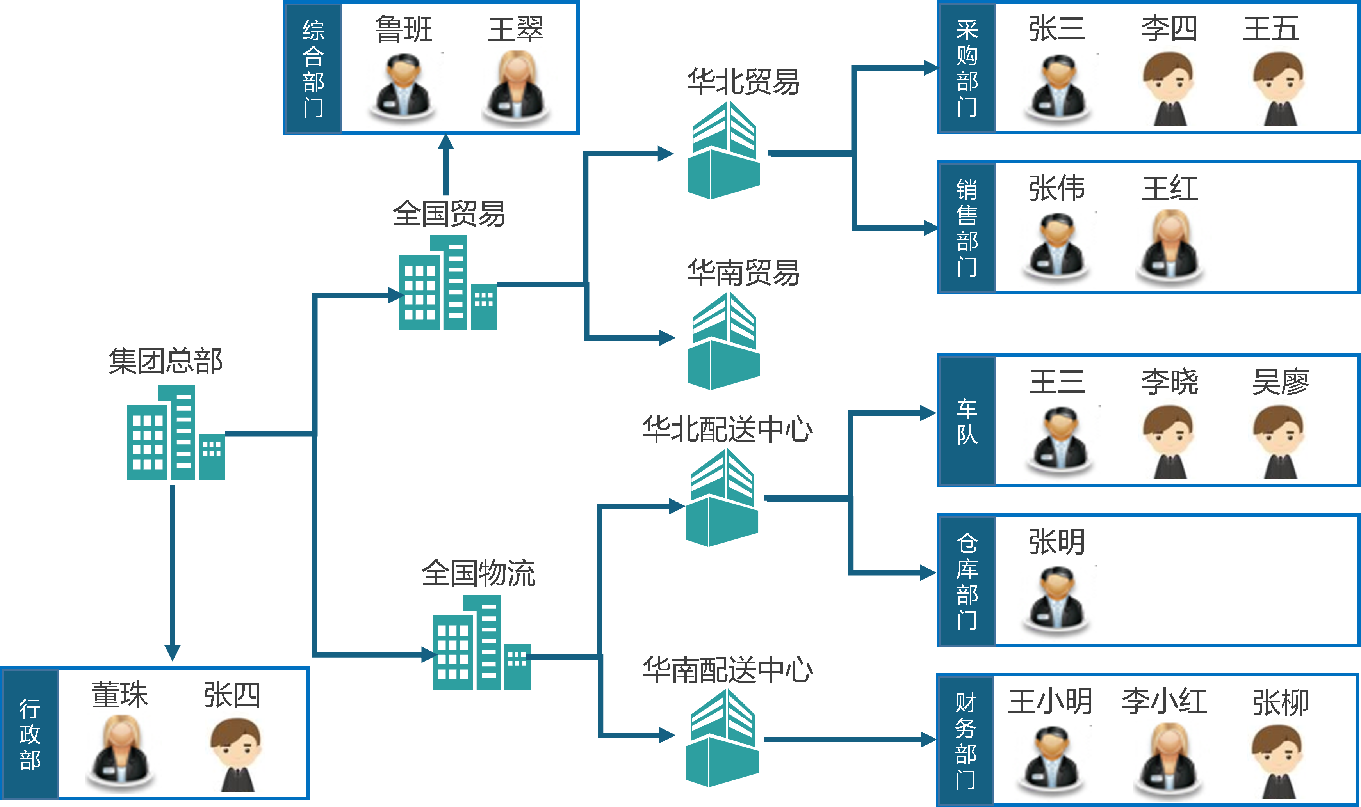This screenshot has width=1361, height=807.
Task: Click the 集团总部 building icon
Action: coord(176,433)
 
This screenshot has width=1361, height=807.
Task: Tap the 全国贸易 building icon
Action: coord(448,283)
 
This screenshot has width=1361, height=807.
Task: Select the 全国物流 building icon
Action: coord(481,643)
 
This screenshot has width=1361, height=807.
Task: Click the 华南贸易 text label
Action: coord(743,272)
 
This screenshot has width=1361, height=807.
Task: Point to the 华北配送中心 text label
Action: coord(727,429)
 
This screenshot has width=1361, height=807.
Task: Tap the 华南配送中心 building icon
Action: coord(721,738)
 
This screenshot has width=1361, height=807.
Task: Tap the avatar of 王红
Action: coord(1173,247)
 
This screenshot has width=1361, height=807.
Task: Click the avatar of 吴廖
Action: coord(1277,439)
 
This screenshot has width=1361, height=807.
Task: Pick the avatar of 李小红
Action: coord(1171,760)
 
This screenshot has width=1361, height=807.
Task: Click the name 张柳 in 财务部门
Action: coord(1280,702)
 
